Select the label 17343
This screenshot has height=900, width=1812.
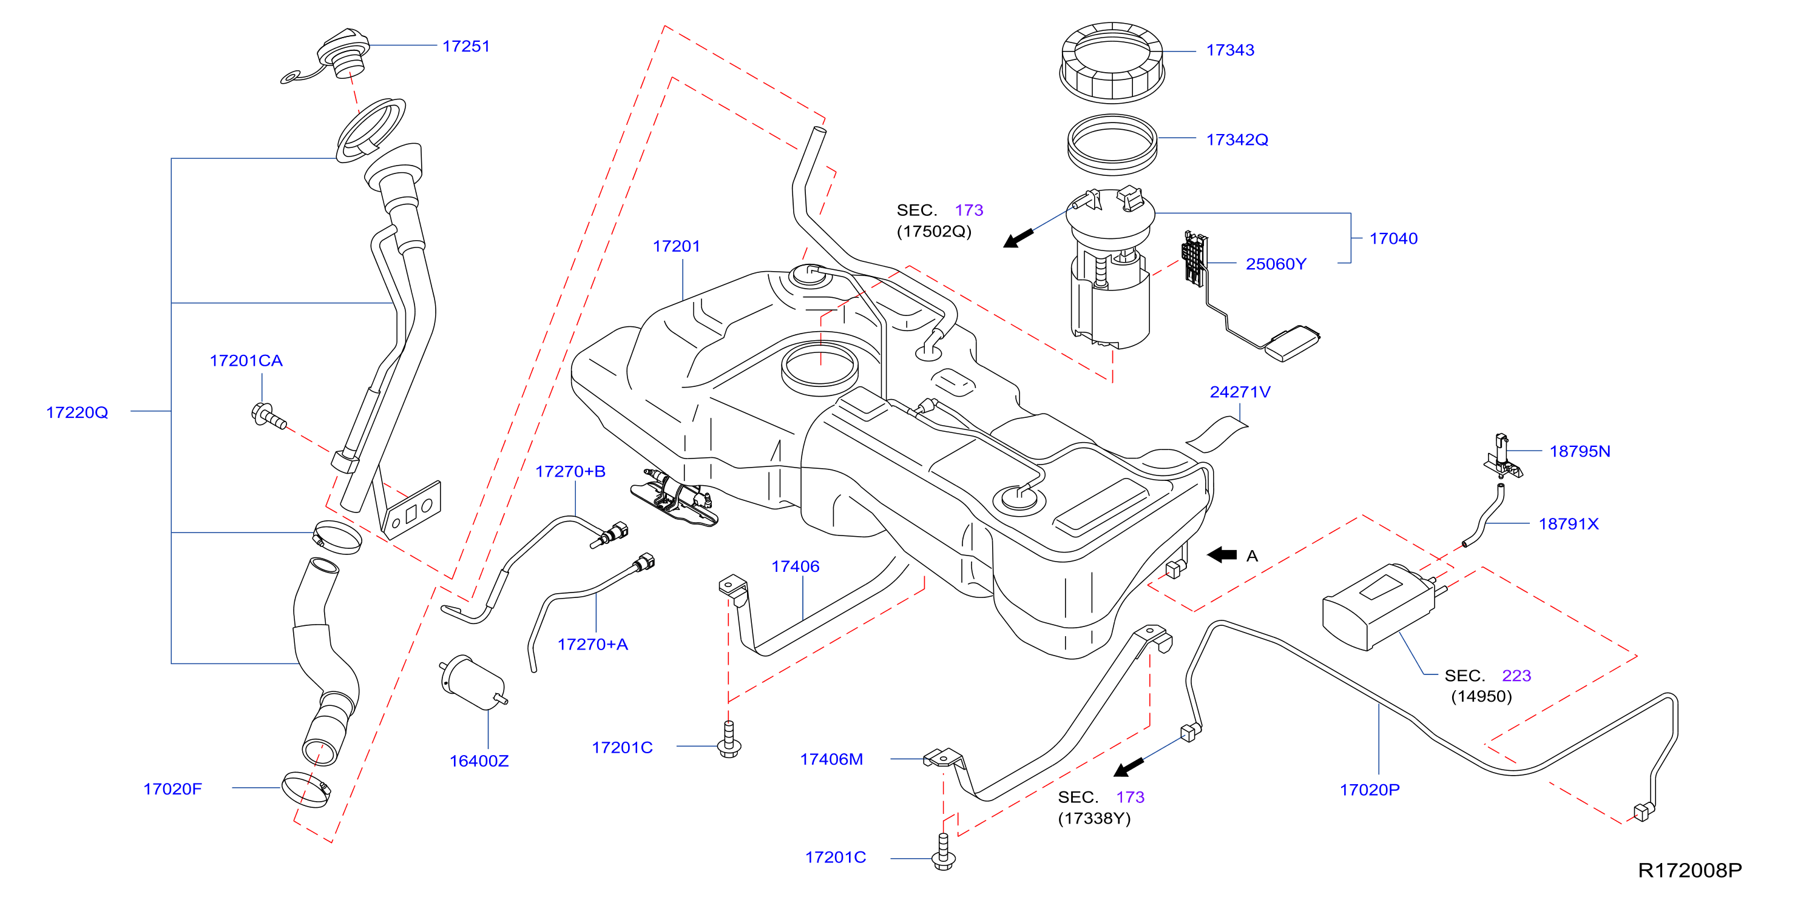[1229, 50]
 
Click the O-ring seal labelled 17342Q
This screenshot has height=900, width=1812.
[1112, 145]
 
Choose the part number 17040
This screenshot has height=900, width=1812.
[1393, 238]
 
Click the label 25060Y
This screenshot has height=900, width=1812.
[1276, 264]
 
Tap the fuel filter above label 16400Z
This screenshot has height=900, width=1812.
[473, 682]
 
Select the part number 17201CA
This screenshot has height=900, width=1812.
[246, 361]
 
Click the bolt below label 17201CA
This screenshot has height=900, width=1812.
[268, 415]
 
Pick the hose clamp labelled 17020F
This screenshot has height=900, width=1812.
[306, 790]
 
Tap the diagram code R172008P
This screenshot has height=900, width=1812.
[1689, 870]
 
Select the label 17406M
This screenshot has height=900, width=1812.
[831, 759]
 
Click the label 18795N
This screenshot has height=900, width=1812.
[1579, 451]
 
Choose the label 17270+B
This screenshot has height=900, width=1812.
[570, 471]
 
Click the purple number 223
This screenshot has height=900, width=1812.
[1516, 676]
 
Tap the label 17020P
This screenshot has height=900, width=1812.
[1369, 790]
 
